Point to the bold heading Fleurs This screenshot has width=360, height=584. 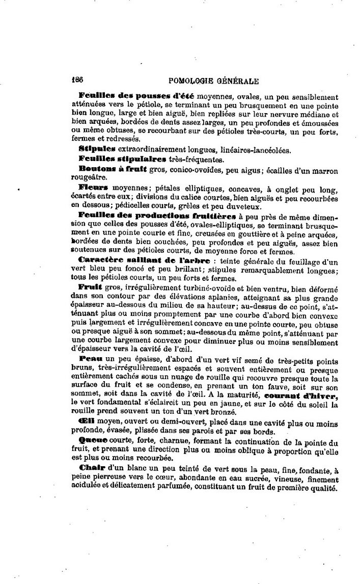(x=93, y=188)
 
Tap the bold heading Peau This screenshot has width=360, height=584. (x=91, y=359)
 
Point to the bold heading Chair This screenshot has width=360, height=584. (x=92, y=468)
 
